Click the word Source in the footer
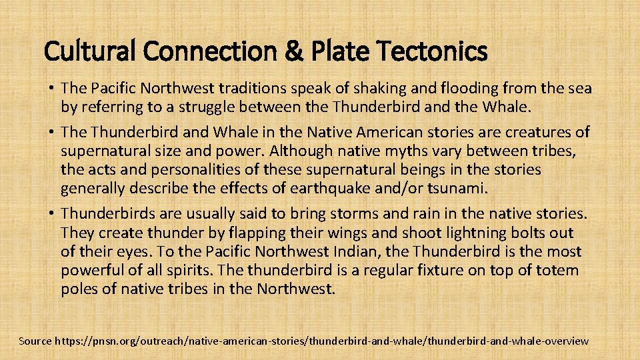[35, 341]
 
